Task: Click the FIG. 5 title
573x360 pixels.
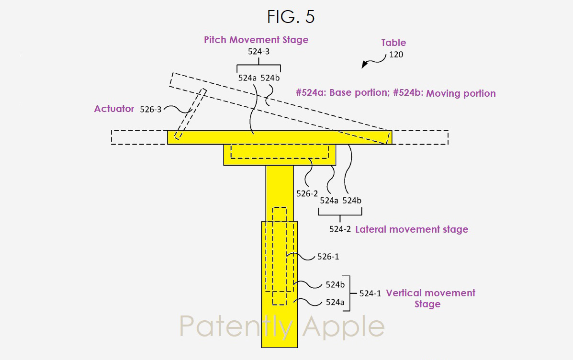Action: click(x=291, y=17)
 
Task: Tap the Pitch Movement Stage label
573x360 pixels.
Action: click(x=256, y=40)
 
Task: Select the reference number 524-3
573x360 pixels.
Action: click(x=258, y=52)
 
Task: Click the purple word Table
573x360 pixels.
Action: click(x=393, y=43)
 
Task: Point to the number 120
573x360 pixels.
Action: click(x=396, y=55)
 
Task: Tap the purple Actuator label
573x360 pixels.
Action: click(x=114, y=109)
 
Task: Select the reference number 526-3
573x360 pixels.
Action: click(x=151, y=110)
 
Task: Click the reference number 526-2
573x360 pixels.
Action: click(x=307, y=194)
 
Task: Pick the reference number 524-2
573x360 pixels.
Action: click(x=340, y=229)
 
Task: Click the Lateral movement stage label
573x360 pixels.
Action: click(x=412, y=229)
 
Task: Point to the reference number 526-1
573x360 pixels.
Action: click(x=328, y=257)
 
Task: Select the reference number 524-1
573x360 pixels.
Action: click(x=370, y=293)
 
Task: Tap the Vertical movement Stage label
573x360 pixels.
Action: click(x=430, y=299)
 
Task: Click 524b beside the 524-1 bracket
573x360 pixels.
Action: click(x=335, y=285)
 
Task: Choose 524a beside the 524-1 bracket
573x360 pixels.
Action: click(x=335, y=302)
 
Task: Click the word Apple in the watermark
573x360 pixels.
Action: click(x=344, y=327)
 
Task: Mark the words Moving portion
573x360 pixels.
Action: click(x=461, y=93)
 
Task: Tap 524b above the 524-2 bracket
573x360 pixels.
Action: click(x=352, y=201)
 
